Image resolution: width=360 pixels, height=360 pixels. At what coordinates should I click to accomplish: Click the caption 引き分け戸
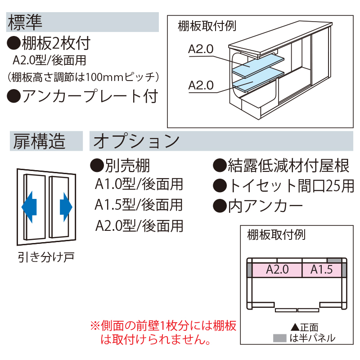point(46,257)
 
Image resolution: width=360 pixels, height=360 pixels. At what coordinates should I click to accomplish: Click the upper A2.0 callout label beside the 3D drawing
point(201,50)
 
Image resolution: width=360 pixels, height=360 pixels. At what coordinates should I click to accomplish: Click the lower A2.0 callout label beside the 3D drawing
point(201,85)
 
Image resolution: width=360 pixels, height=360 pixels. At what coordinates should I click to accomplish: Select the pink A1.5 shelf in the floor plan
point(321,270)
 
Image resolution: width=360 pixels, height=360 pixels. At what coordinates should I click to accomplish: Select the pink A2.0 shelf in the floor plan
point(277,270)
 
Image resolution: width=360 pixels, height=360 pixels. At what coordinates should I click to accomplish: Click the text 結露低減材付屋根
point(281,166)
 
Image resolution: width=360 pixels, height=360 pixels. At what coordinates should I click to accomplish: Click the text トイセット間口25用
point(283,185)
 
